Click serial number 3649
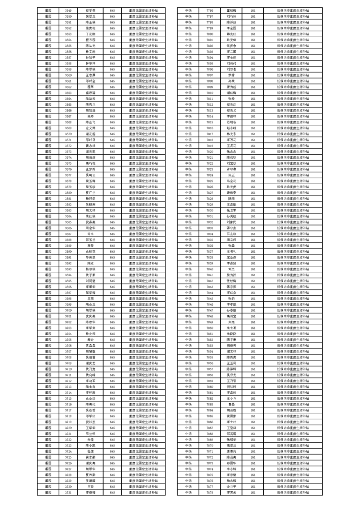[x=68, y=10]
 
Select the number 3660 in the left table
[x=68, y=75]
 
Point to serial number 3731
[x=68, y=492]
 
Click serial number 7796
[x=210, y=10]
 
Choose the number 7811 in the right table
[x=210, y=98]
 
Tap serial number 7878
[x=210, y=492]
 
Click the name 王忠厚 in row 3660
[x=90, y=75]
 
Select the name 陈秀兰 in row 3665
[x=90, y=104]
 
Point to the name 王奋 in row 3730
[x=90, y=486]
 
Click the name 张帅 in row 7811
[x=232, y=98]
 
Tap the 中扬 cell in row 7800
[x=188, y=34]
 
